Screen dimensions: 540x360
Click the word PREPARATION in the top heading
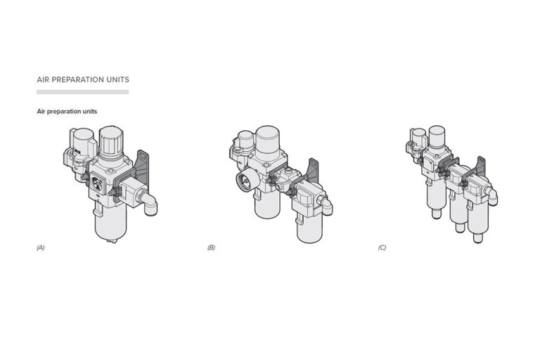77,79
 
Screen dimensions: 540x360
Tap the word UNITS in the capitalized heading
118,79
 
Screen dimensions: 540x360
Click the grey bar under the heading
83,92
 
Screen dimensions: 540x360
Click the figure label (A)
41,247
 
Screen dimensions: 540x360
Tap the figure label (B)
211,247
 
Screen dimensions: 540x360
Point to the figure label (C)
382,247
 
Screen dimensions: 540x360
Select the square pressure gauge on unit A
96,183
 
